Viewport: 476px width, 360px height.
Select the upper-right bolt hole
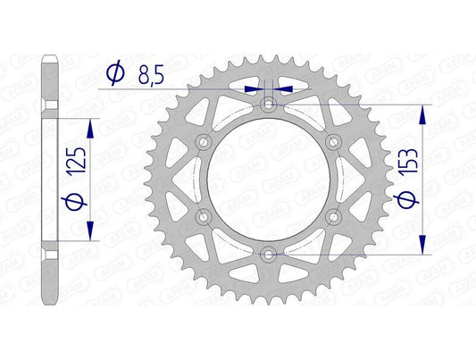pos(334,141)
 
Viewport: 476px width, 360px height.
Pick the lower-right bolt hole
pos(334,216)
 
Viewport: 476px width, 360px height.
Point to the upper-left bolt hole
pos(205,141)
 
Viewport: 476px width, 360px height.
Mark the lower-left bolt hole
pos(205,216)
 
